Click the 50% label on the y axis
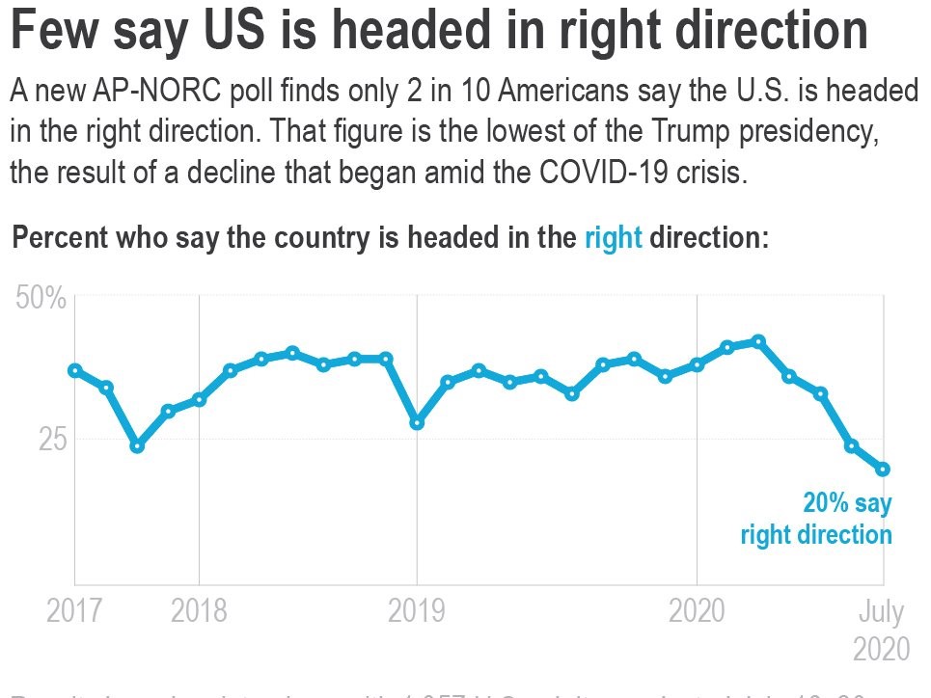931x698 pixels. pos(41,298)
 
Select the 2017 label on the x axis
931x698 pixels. pos(73,612)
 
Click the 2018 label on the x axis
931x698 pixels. pos(199,612)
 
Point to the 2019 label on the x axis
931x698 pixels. pos(417,612)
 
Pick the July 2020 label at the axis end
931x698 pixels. pos(881,630)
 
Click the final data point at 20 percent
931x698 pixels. pos(882,470)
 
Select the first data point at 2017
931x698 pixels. pos(74,370)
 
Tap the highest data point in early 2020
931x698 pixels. pos(758,341)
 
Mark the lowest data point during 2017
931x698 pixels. pos(137,445)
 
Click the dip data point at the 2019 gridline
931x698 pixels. pos(417,422)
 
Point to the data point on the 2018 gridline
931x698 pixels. pos(199,399)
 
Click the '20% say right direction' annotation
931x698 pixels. pos(817,519)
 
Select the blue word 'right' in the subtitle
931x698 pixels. pos(613,238)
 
